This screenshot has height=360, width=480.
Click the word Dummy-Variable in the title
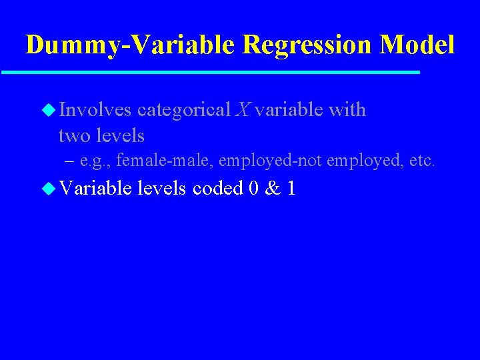point(130,45)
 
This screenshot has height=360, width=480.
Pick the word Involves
point(95,109)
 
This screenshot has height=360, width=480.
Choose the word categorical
point(183,110)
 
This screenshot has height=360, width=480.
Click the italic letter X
point(242,109)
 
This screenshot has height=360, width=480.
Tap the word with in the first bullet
point(347,109)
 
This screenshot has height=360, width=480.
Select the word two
point(75,135)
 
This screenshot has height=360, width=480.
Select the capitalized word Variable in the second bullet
point(96,189)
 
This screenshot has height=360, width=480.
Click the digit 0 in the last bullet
point(253,189)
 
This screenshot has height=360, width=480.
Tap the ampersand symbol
point(272,189)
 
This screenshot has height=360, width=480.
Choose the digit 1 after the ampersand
point(291,189)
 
